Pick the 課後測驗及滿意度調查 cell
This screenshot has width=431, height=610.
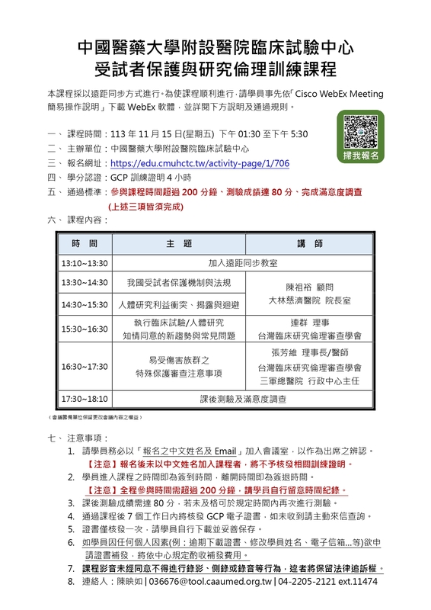[244, 399]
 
